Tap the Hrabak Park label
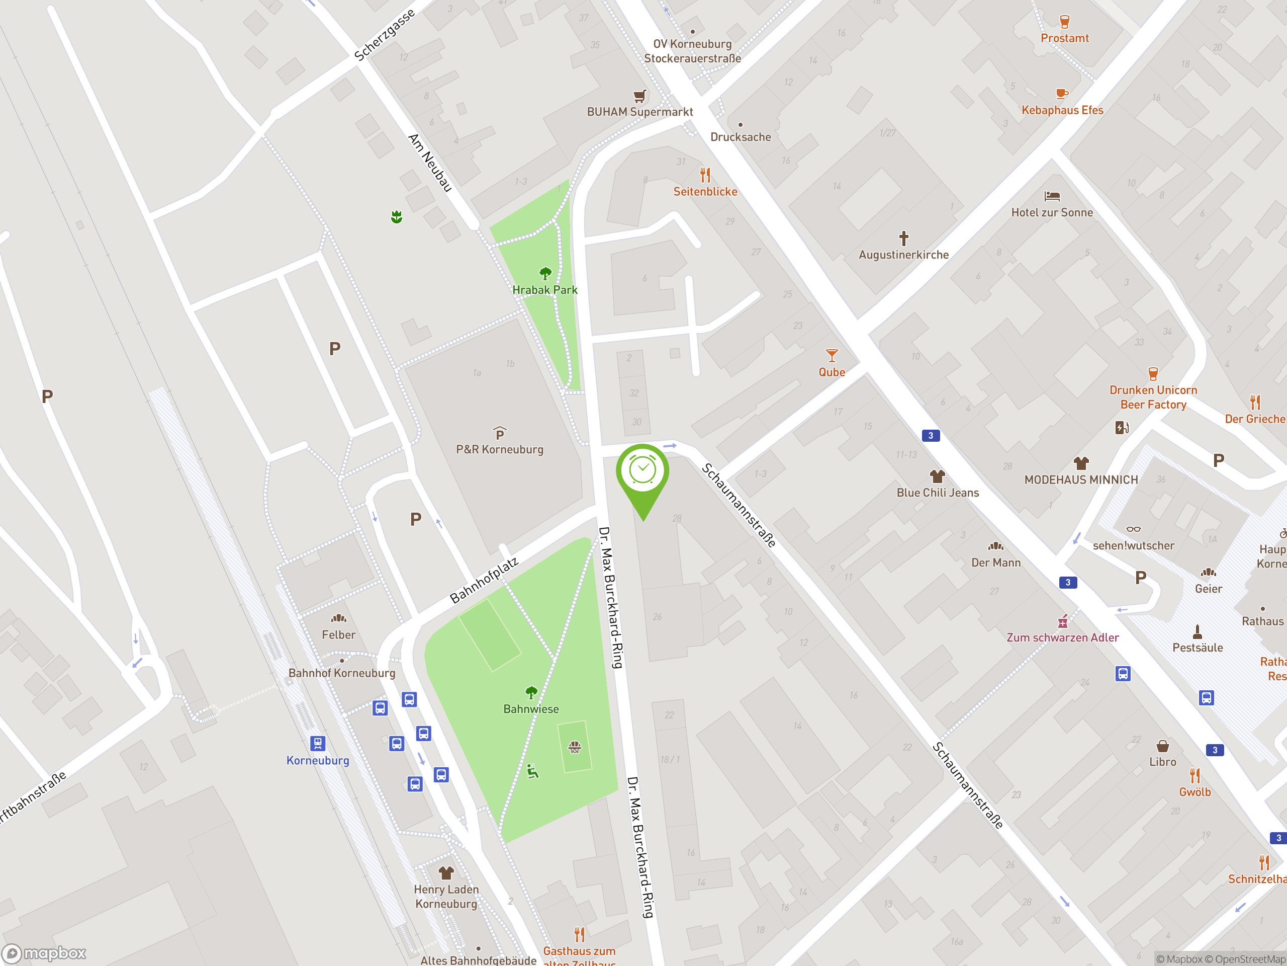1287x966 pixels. click(x=544, y=290)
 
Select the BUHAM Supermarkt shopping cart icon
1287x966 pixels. click(x=639, y=96)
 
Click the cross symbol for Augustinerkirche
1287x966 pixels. click(x=903, y=238)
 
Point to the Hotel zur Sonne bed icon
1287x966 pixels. click(x=1052, y=197)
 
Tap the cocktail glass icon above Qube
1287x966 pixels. click(x=832, y=356)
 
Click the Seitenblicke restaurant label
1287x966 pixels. click(x=705, y=192)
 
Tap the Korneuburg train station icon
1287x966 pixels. click(x=318, y=744)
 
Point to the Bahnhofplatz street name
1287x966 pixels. click(x=484, y=581)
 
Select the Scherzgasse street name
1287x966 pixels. click(x=385, y=35)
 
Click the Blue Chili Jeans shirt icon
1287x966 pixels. click(x=937, y=477)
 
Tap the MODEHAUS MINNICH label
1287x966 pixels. click(x=1081, y=480)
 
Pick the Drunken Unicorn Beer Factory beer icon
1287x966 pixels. click(x=1153, y=374)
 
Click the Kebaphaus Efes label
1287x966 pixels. click(x=1062, y=110)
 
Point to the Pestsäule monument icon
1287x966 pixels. click(x=1198, y=632)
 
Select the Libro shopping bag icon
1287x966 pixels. click(x=1162, y=747)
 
